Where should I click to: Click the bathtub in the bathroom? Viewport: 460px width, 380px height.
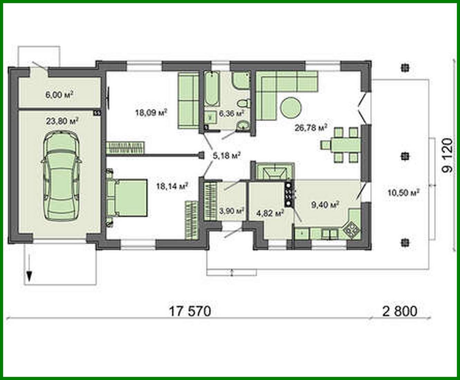pyautogui.click(x=211, y=89)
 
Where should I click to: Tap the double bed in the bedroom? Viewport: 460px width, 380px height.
pyautogui.click(x=129, y=198)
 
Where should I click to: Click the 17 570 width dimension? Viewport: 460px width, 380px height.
pyautogui.click(x=189, y=311)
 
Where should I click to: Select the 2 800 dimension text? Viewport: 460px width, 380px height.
pyautogui.click(x=400, y=311)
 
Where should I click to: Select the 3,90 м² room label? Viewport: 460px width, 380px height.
pyautogui.click(x=232, y=210)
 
